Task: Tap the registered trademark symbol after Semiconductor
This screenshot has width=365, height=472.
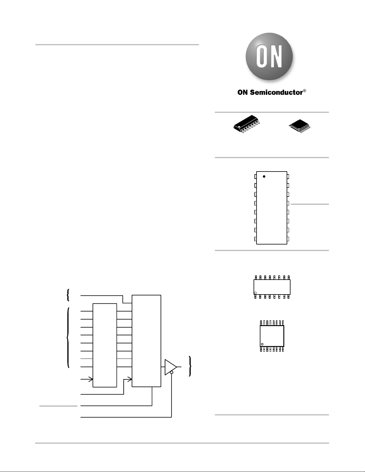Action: [x=305, y=91]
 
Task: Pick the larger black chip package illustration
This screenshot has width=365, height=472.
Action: [x=247, y=124]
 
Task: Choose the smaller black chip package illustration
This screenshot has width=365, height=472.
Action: [x=300, y=126]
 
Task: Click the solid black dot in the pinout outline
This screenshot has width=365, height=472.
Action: [x=264, y=177]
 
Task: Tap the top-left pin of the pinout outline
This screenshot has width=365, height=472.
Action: [x=256, y=177]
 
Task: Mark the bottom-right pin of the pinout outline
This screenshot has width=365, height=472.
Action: [x=288, y=239]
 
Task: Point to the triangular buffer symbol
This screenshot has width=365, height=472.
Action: [x=170, y=367]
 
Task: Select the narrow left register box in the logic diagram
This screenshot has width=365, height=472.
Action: [x=105, y=345]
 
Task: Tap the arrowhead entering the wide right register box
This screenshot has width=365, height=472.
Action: [x=130, y=379]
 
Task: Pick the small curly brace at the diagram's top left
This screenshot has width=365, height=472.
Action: [x=68, y=295]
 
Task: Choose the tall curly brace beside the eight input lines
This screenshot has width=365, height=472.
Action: [x=68, y=338]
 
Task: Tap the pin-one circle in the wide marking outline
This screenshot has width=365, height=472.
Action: [x=255, y=293]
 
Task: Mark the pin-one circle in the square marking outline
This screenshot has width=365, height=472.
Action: [x=262, y=344]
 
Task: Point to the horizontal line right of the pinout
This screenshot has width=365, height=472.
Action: [x=310, y=204]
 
